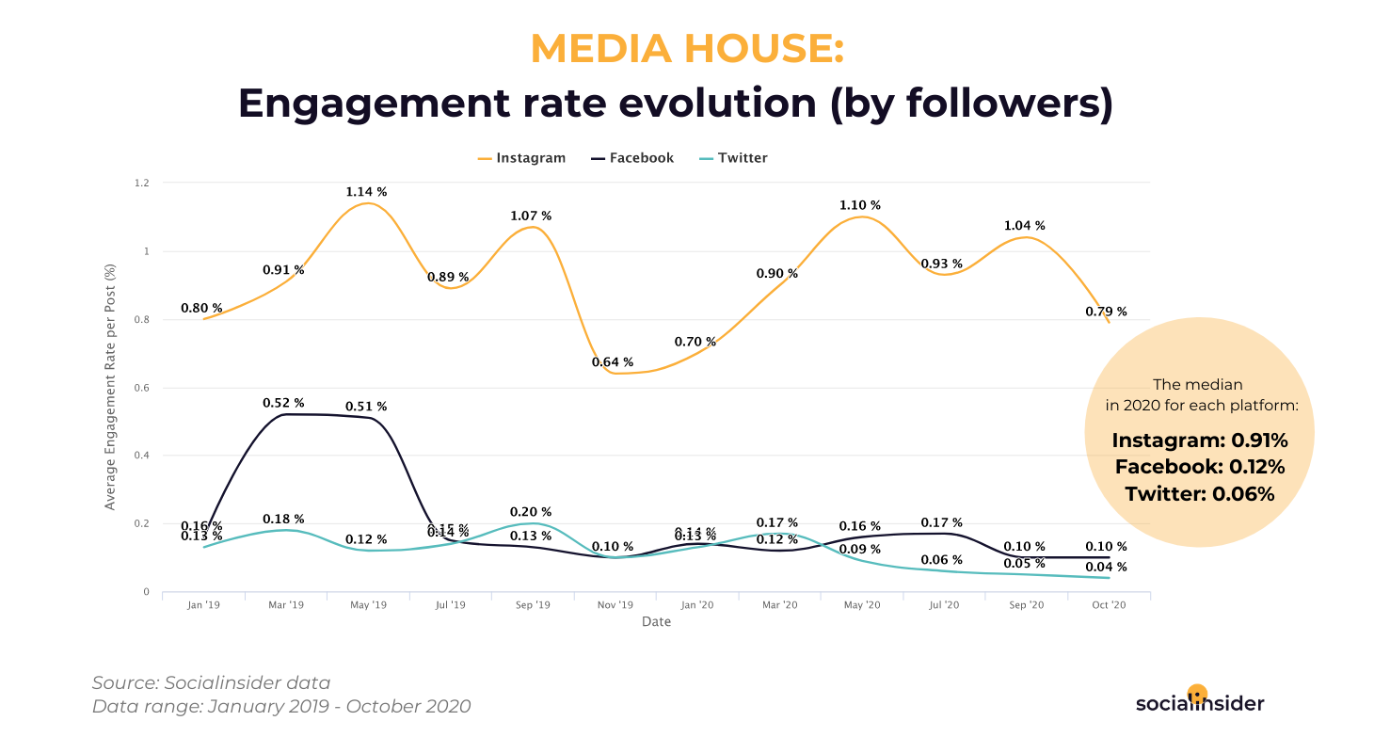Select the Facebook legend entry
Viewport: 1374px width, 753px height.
coord(632,158)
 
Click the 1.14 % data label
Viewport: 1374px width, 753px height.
coord(366,192)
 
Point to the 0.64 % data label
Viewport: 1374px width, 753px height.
coord(613,362)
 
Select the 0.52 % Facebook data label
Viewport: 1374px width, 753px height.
coord(283,403)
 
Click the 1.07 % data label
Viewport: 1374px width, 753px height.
coord(531,216)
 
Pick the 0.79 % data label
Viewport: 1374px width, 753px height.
coord(1106,312)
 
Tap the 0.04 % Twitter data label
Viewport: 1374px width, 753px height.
coord(1106,567)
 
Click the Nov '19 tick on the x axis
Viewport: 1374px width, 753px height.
coord(615,605)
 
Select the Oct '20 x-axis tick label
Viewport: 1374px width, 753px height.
coord(1108,605)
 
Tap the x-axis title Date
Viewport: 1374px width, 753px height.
coord(656,622)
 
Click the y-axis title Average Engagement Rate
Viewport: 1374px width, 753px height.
coord(110,388)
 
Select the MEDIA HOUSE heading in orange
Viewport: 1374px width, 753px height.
coord(687,49)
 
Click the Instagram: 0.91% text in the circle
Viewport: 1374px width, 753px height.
coord(1200,441)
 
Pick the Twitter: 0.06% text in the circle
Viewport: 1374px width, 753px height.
coord(1200,493)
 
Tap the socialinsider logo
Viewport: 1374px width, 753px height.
coord(1200,702)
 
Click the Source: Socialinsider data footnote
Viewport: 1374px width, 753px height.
coord(212,683)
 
